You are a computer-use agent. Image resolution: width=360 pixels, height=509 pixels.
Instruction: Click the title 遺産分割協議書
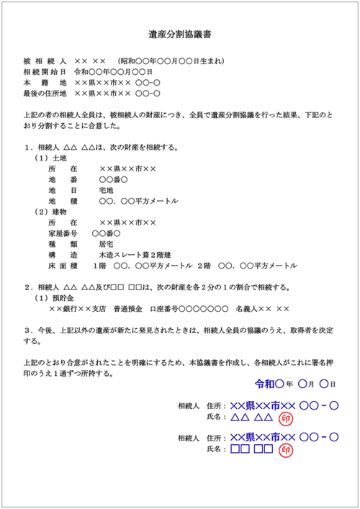(179, 34)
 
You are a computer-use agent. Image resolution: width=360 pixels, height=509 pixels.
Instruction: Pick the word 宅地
(107, 190)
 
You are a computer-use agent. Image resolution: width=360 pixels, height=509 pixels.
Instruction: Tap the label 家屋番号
(62, 233)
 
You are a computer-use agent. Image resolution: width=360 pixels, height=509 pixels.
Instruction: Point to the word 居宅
(107, 244)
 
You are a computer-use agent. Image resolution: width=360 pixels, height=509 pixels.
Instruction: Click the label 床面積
(62, 266)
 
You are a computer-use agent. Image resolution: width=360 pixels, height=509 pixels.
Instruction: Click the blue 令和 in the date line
(266, 384)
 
